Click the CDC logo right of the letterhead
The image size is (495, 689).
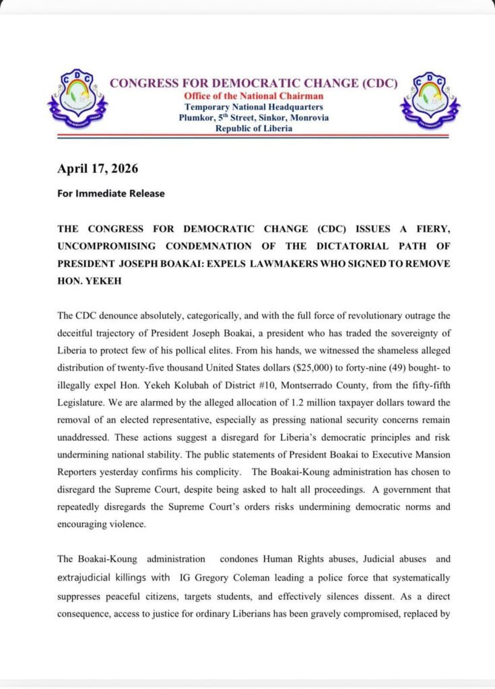pos(430,100)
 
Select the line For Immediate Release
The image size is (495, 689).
pos(110,193)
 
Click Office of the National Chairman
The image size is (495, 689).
pos(254,96)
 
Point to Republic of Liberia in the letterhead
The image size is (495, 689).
pos(254,129)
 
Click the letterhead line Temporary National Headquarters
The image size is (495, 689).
pos(254,107)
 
